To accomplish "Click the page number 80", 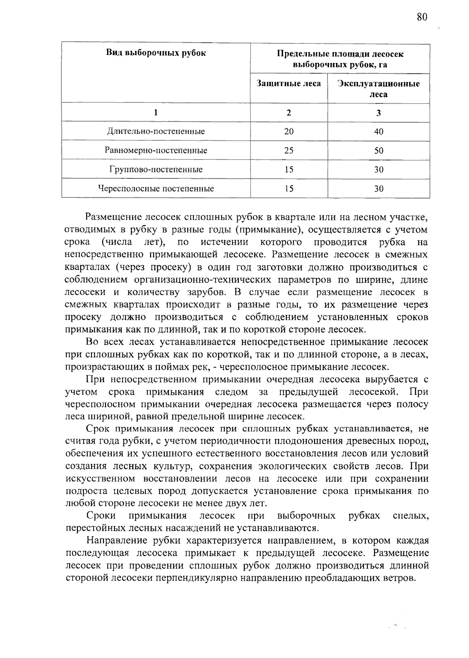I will click(422, 17).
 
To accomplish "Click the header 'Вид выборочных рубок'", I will click(156, 53).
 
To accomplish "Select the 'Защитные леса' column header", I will click(288, 83).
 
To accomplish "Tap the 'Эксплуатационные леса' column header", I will click(378, 89).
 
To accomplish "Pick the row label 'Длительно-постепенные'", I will click(156, 131).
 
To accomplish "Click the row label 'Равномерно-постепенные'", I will click(156, 151).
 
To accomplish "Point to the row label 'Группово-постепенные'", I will click(156, 170).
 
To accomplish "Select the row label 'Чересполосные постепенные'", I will click(156, 189).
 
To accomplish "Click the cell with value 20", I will click(289, 131).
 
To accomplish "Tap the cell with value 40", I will click(378, 131).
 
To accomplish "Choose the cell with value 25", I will click(289, 151).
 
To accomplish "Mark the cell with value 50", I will click(378, 151).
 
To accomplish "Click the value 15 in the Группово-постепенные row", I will click(289, 170).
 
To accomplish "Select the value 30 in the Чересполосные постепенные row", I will click(378, 189).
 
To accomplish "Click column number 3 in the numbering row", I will click(378, 113).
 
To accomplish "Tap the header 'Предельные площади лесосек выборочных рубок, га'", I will click(340, 59).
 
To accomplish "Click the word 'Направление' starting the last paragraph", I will click(114, 541).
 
